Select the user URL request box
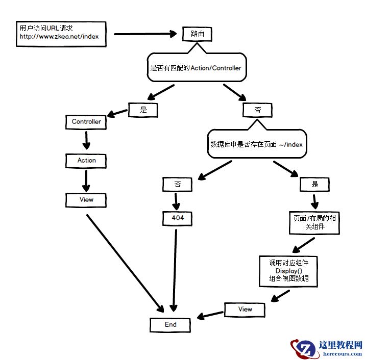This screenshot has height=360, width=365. coord(61,33)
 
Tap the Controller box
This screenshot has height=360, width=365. coord(86,122)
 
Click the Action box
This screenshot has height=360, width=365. coord(86,160)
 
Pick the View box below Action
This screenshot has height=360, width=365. coord(86,199)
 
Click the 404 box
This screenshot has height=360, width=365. coord(178,218)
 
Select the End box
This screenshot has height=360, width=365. coord(171,324)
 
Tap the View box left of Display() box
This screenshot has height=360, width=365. coord(245,309)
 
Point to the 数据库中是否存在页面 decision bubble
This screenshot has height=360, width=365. coord(257,145)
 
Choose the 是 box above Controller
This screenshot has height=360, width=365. coord(143,109)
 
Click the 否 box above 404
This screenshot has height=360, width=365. coord(178,184)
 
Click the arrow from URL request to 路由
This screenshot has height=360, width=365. coord(144,34)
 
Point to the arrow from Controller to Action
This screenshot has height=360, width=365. coord(86,141)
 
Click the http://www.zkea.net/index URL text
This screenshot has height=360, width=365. coord(59,37)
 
